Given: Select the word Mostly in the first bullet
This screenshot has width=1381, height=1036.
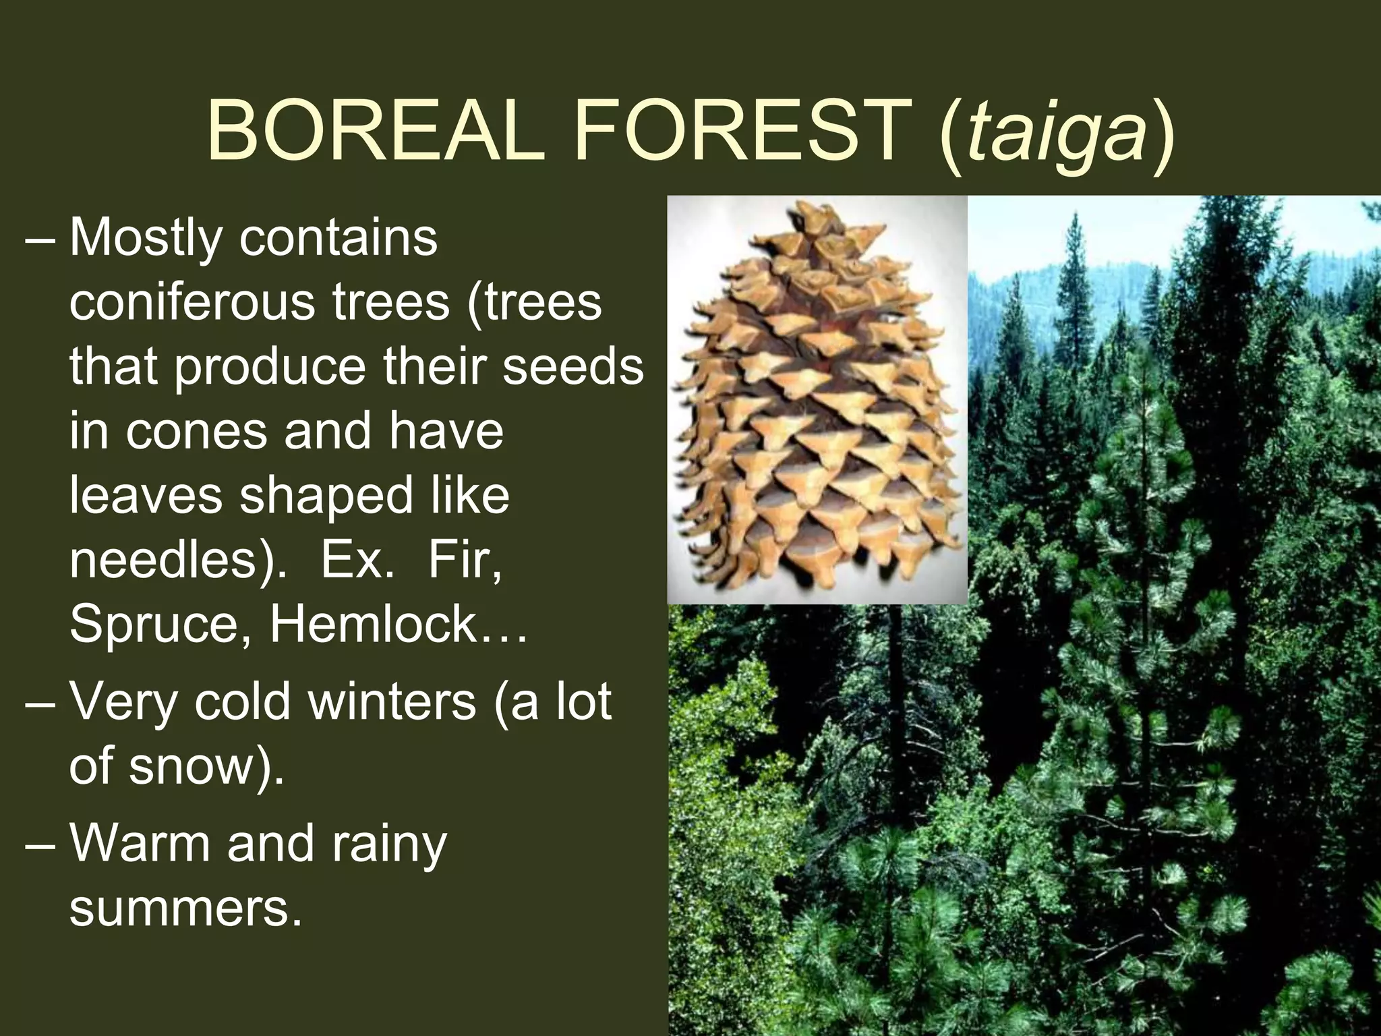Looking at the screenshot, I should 146,239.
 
